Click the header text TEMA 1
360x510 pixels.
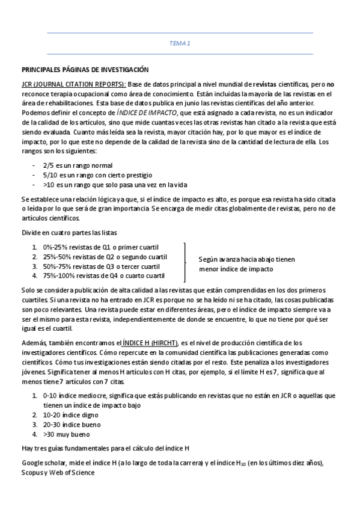180,43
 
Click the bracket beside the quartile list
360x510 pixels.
185,262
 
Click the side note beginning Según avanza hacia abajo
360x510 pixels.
246,265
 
